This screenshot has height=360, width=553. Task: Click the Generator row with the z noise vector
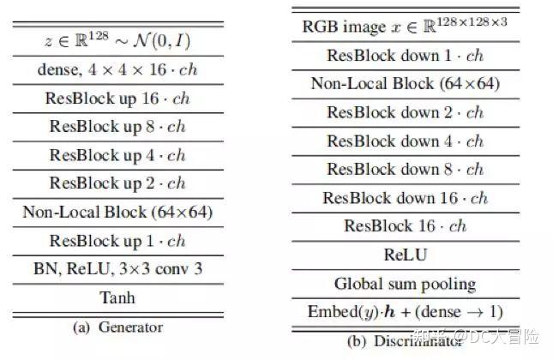(x=118, y=40)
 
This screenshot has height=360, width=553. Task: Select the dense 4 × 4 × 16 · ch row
(x=118, y=69)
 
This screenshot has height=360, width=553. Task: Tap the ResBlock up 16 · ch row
(x=118, y=98)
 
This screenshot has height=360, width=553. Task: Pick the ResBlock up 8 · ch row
(x=118, y=127)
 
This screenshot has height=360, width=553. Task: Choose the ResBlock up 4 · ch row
(x=118, y=155)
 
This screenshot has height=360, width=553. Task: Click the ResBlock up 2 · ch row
(x=118, y=183)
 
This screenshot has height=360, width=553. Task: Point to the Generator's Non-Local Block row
(x=118, y=212)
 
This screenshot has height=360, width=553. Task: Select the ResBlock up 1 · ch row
(x=118, y=241)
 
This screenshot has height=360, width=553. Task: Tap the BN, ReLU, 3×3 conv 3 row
(x=118, y=269)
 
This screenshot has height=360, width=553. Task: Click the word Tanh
(x=118, y=298)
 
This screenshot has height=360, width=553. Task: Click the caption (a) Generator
(x=118, y=327)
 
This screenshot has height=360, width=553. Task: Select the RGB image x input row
(x=405, y=26)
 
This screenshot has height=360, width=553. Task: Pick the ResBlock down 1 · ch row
(x=405, y=55)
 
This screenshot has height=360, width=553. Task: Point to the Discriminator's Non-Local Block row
(x=405, y=84)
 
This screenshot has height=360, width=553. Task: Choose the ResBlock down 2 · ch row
(x=405, y=112)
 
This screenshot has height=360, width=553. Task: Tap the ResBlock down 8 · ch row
(x=405, y=170)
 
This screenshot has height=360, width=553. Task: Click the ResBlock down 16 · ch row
(x=405, y=198)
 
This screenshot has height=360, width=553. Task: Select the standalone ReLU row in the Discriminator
(x=405, y=255)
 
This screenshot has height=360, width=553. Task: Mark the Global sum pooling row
(x=405, y=283)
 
